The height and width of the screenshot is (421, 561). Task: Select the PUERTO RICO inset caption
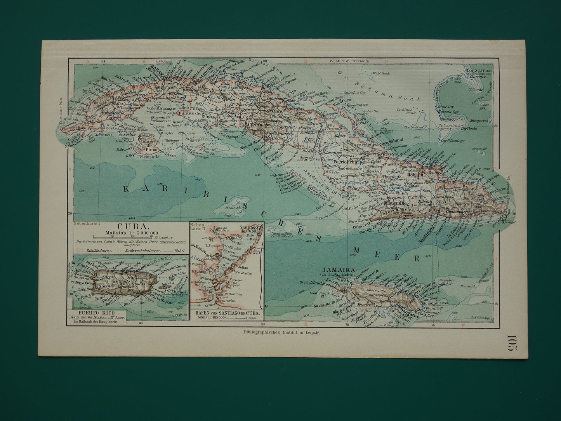(96, 311)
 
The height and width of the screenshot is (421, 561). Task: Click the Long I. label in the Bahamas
(474, 70)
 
